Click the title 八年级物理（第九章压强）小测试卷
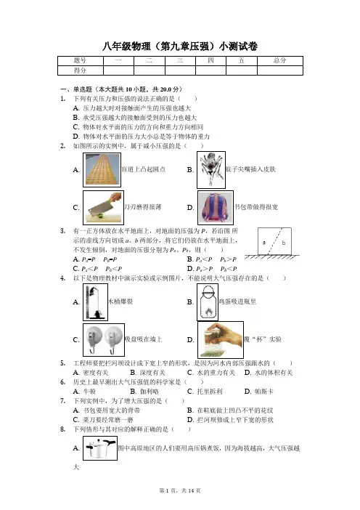(x=180, y=46)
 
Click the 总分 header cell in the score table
(x=279, y=60)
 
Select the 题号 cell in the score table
(x=80, y=60)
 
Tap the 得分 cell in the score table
(x=80, y=70)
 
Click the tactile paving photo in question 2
(x=102, y=170)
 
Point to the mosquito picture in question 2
(x=211, y=170)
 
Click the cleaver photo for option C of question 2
(x=103, y=208)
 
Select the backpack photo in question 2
(x=216, y=208)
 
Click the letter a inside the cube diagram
(x=263, y=243)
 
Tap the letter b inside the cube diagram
(x=284, y=243)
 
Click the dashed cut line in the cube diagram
(x=274, y=241)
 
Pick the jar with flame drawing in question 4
(x=208, y=302)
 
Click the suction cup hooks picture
(x=104, y=340)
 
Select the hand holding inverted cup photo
(x=221, y=340)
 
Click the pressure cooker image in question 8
(x=100, y=448)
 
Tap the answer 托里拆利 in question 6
(x=210, y=392)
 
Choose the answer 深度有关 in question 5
(x=152, y=373)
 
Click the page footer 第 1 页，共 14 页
(x=180, y=490)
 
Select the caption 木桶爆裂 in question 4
(x=120, y=301)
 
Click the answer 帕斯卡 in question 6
(x=263, y=392)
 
